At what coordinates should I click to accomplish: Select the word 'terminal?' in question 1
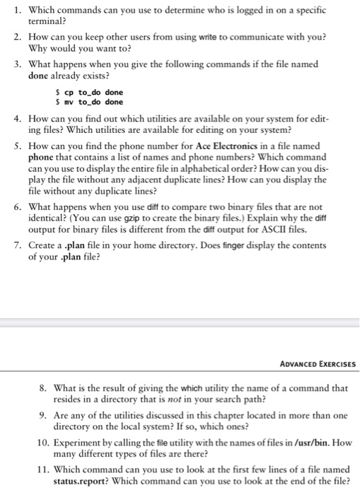click(x=48, y=21)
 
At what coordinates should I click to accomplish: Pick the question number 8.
click(x=45, y=388)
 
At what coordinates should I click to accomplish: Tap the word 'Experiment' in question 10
click(x=82, y=443)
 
